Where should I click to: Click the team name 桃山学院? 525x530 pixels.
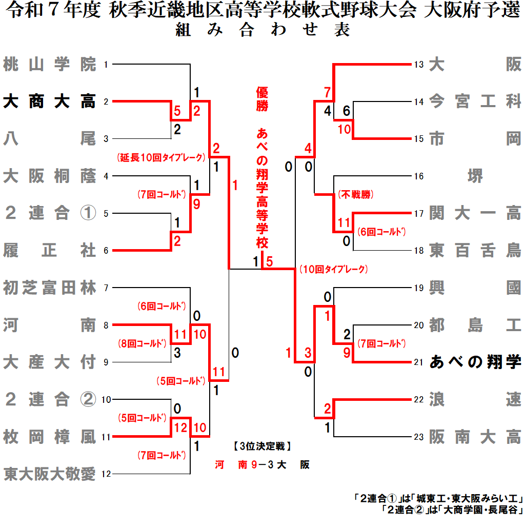49,65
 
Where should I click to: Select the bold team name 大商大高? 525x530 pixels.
49,101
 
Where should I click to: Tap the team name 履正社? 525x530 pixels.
49,250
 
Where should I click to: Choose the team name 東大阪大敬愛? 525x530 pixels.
49,474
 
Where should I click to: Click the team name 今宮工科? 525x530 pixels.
475,101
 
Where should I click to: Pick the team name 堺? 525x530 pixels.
475,176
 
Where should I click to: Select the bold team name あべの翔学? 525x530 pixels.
475,362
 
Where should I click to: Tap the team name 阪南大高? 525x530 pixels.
475,437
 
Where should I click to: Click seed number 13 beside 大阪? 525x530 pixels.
418,65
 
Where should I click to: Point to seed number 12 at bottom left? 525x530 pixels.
106,474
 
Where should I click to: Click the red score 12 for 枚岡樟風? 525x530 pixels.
179,427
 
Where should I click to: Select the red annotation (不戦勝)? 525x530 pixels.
355,194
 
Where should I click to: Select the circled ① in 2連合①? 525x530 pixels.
88,213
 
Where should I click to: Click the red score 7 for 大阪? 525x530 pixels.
327,93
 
